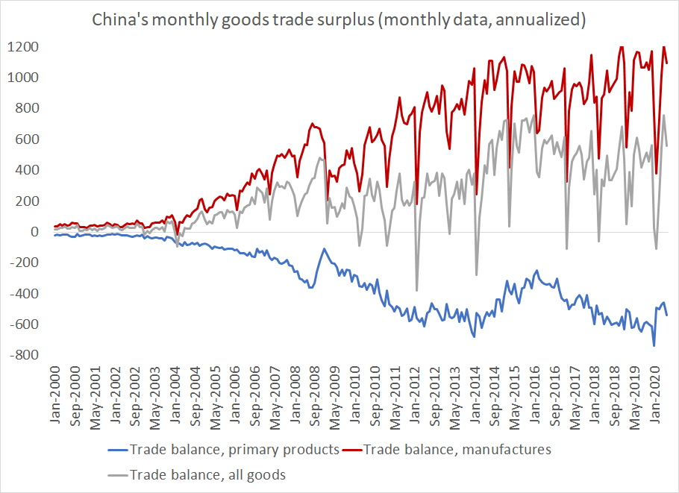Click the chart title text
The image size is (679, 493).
click(338, 20)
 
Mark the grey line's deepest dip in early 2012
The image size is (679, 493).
click(416, 290)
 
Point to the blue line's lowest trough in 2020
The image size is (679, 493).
click(654, 345)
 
